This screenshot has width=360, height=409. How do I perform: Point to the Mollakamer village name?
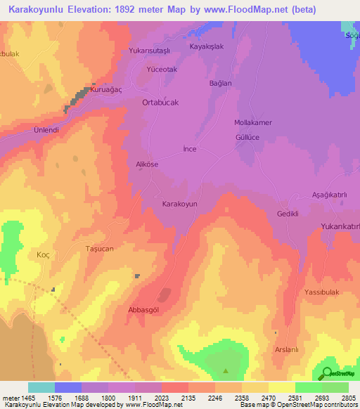point(252,122)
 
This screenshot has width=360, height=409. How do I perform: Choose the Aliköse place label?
point(147,164)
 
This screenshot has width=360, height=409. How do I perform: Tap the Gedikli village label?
point(288,214)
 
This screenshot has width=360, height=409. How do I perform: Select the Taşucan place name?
point(99,249)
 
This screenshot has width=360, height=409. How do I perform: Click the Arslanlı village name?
point(287,350)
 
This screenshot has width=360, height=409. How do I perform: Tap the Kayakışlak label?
point(207,47)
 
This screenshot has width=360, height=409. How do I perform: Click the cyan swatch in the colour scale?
point(41,387)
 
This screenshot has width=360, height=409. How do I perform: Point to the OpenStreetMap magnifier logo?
point(327,373)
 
